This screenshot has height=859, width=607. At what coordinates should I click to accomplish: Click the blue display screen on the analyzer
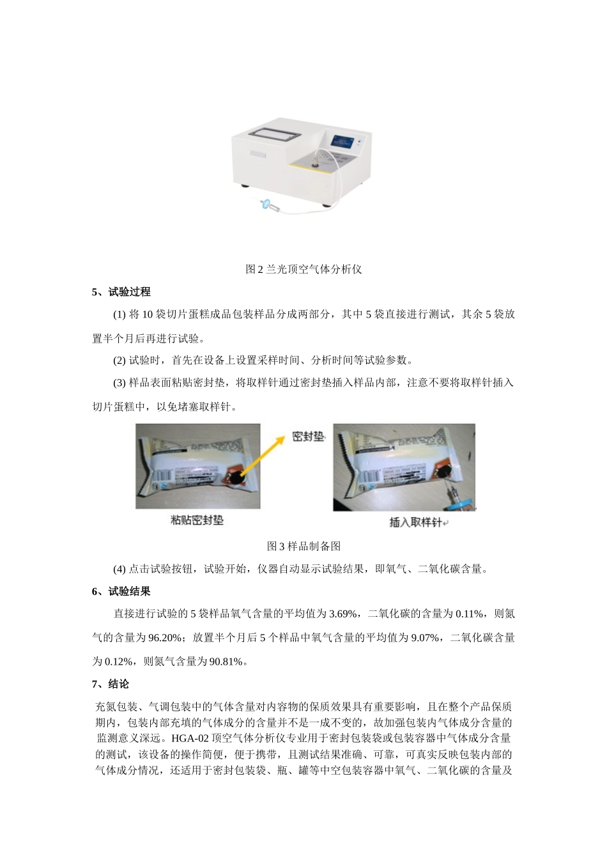click(343, 141)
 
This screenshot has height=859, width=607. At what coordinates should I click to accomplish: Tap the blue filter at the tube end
click(268, 205)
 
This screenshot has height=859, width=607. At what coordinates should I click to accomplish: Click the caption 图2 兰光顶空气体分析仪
click(303, 269)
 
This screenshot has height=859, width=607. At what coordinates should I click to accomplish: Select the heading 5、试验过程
click(121, 292)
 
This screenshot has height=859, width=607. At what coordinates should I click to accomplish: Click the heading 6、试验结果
click(121, 591)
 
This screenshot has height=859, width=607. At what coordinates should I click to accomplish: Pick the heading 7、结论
click(111, 684)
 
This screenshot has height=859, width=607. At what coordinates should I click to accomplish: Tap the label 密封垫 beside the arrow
click(308, 437)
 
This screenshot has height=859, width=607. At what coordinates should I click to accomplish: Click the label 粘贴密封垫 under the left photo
click(197, 520)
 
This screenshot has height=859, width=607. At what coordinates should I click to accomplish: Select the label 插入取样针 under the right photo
click(416, 522)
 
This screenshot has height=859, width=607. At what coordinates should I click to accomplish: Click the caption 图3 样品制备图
click(303, 546)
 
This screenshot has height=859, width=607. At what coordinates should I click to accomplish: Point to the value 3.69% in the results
click(342, 614)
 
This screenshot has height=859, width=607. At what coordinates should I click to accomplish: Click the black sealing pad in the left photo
click(236, 477)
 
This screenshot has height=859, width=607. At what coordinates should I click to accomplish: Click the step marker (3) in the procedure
click(119, 383)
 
